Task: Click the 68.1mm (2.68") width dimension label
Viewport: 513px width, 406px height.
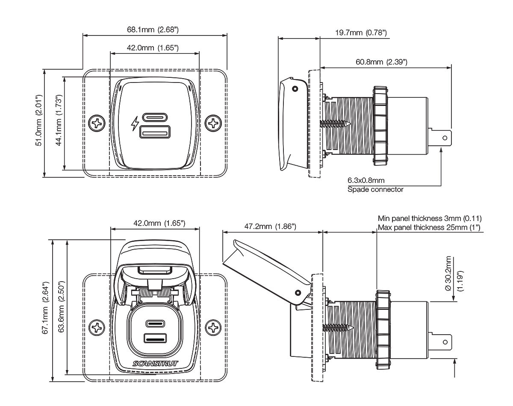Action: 153,30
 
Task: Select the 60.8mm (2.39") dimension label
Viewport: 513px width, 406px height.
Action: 381,62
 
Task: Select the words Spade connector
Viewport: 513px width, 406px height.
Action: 375,189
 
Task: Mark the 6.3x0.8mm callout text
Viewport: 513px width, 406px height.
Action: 366,180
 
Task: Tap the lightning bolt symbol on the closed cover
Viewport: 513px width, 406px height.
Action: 135,124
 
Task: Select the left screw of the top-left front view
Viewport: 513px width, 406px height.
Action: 97,124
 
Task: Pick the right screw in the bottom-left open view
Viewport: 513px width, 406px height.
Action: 212,328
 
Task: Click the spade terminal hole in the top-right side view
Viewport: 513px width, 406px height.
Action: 445,138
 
